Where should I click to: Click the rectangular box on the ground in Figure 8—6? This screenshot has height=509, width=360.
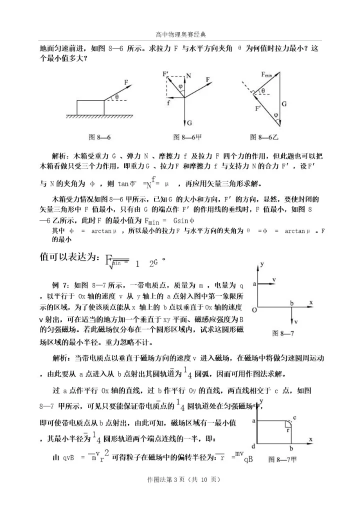click(90, 107)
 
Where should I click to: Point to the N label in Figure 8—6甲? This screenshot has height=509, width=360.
click(189, 76)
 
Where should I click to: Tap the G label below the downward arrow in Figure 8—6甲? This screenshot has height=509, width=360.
click(190, 122)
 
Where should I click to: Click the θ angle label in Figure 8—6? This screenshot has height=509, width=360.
click(116, 97)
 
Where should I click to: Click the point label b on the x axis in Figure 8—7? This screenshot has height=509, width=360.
click(291, 303)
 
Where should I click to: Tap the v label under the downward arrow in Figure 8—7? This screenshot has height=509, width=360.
click(296, 321)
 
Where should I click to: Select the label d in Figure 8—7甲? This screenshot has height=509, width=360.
click(254, 446)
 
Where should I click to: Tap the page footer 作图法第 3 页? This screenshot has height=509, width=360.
click(180, 479)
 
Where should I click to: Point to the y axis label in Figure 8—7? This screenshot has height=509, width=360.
click(261, 263)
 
